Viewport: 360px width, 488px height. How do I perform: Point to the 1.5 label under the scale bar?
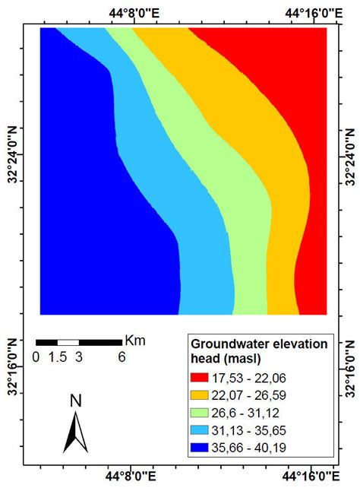pos(58,356)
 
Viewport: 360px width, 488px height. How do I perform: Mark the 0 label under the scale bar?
pos(36,356)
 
